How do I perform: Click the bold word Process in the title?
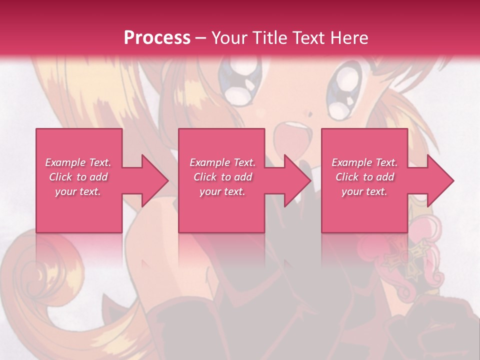[157, 38]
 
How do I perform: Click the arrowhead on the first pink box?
[152, 180]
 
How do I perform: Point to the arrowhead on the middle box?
[295, 180]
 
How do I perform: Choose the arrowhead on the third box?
[438, 180]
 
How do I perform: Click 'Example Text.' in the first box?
[78, 162]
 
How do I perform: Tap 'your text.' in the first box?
[78, 191]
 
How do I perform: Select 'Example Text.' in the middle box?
[222, 162]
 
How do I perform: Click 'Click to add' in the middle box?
[222, 177]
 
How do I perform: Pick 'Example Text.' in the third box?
[364, 162]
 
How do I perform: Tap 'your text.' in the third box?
[364, 191]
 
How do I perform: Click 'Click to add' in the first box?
[78, 177]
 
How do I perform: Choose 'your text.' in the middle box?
[222, 191]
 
